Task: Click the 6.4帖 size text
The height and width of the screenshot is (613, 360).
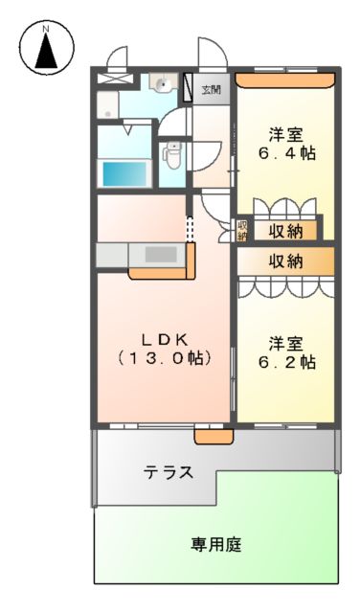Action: point(287,153)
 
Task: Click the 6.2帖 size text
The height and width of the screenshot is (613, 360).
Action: point(287,363)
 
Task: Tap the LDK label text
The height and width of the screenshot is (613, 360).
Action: point(165,339)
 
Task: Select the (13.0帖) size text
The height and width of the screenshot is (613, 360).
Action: point(165,359)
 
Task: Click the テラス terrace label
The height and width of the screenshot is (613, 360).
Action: point(169,472)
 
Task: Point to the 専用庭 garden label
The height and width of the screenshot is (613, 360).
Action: point(215,545)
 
